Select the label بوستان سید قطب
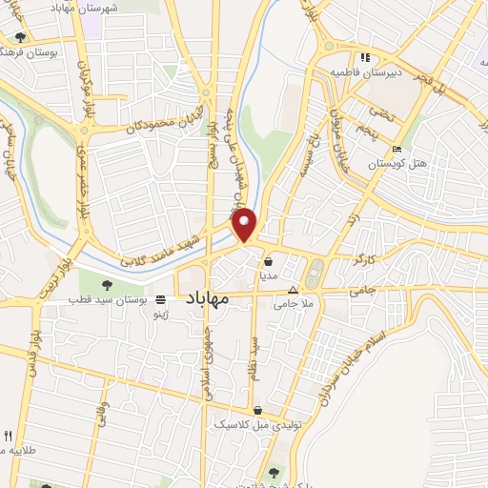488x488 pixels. [104, 299]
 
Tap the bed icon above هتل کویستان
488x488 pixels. [396, 150]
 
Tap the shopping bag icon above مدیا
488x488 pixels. [269, 260]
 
